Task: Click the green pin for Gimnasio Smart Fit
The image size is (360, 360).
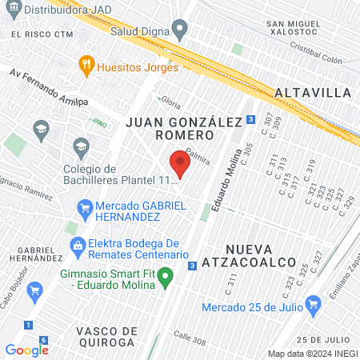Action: (166, 278)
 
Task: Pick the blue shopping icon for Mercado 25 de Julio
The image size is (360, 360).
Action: (313, 303)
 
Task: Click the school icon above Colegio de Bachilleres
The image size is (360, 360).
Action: (80, 146)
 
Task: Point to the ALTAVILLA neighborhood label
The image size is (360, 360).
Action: (313, 93)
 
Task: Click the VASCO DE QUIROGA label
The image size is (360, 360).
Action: (107, 337)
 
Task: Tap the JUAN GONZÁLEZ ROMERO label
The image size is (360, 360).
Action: (184, 128)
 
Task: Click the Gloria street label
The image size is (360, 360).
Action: (171, 102)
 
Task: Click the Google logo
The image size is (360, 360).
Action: (26, 350)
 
